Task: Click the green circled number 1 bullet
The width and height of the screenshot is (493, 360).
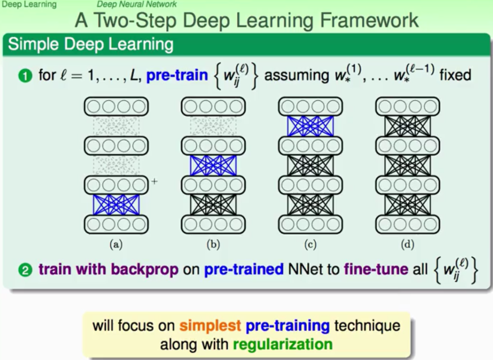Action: [25, 76]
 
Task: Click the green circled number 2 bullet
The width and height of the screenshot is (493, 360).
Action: [25, 270]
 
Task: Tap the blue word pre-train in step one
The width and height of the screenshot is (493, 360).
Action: [177, 75]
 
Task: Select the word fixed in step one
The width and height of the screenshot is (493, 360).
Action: [455, 75]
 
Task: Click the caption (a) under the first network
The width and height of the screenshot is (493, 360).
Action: [116, 244]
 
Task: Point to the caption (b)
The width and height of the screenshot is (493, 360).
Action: [213, 244]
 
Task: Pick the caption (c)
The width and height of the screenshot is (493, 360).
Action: [310, 244]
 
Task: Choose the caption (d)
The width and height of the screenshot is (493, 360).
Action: [408, 244]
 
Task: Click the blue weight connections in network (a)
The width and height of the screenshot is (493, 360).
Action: [116, 205]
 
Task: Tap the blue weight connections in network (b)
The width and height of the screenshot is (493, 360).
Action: [213, 166]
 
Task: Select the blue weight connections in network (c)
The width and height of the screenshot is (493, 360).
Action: [310, 126]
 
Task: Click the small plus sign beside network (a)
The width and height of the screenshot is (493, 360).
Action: [154, 181]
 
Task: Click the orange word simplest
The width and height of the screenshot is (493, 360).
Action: [210, 325]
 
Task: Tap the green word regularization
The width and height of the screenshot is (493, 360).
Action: [283, 344]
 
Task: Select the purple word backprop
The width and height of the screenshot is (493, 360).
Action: [144, 270]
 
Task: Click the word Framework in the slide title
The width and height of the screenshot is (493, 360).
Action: [369, 20]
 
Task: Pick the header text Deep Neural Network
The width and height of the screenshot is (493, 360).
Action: [137, 4]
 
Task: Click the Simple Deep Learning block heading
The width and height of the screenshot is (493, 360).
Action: [91, 45]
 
